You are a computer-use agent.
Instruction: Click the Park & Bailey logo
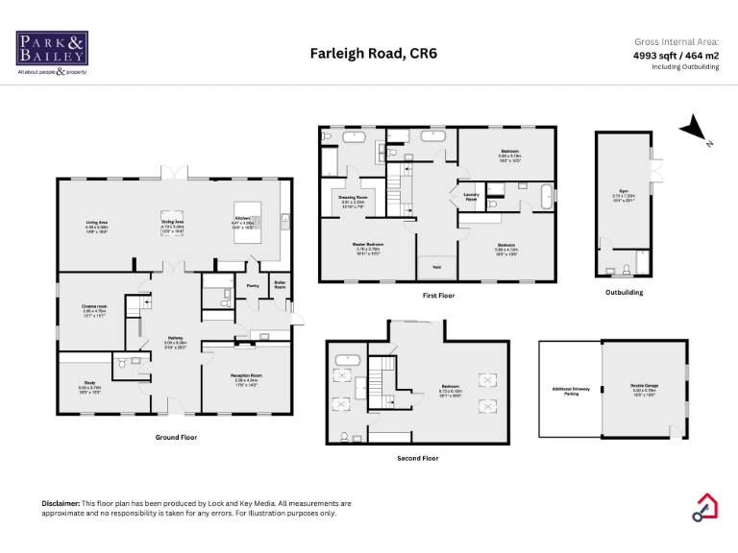coord(52,53)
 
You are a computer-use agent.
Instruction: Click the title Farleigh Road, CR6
coord(373,54)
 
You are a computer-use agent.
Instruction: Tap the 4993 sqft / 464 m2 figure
coord(676,56)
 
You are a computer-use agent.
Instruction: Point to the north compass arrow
coord(693,130)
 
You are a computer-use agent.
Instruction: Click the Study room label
coord(88,386)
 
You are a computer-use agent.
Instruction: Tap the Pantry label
coord(253,285)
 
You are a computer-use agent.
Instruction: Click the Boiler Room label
coord(280,284)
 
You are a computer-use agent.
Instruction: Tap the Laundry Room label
coord(471,196)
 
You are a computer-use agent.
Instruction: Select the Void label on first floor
coord(436,268)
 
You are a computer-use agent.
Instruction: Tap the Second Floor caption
coord(418,459)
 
